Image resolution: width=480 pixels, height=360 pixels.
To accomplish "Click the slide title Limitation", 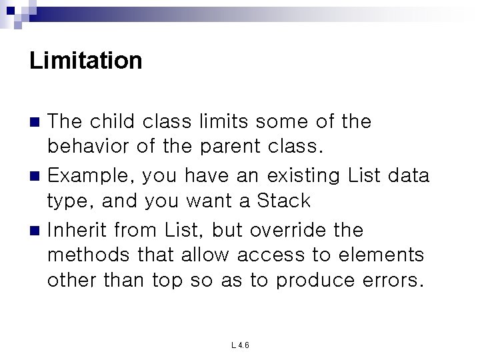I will pyautogui.click(x=86, y=61).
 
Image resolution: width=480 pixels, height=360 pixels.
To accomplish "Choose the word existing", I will pyautogui.click(x=303, y=176).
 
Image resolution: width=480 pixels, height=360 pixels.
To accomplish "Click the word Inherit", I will pyautogui.click(x=78, y=230).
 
